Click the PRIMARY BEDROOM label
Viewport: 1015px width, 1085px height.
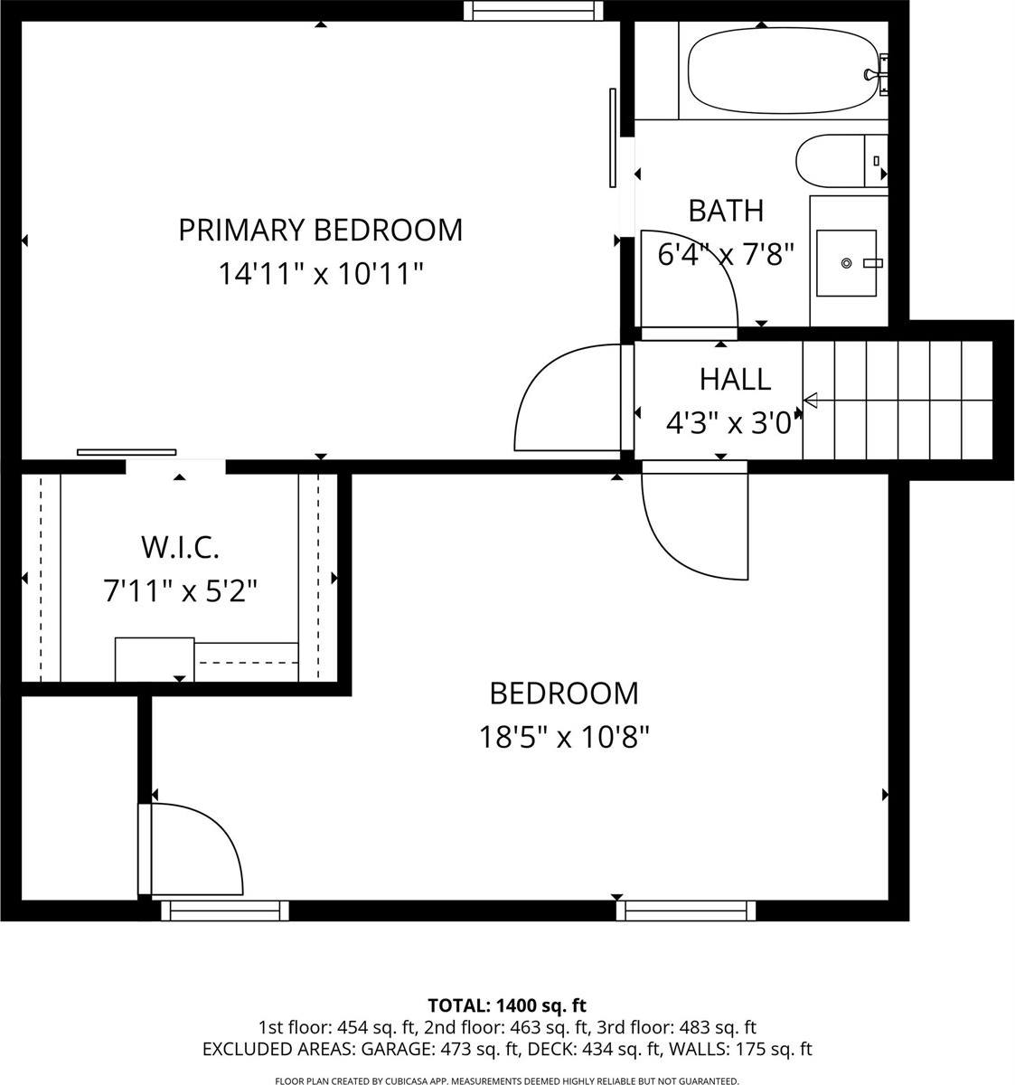pyautogui.click(x=320, y=230)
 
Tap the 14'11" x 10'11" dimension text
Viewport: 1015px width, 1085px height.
pyautogui.click(x=320, y=273)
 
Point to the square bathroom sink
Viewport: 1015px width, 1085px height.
pyautogui.click(x=846, y=263)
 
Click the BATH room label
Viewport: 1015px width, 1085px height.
pyautogui.click(x=726, y=211)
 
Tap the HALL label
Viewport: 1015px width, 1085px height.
pyautogui.click(x=735, y=379)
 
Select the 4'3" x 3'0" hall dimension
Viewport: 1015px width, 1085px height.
pyautogui.click(x=734, y=422)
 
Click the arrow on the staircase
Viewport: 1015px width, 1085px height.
pyautogui.click(x=811, y=400)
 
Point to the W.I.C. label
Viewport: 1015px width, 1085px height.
pyautogui.click(x=180, y=547)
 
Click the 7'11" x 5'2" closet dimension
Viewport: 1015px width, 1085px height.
pyautogui.click(x=180, y=591)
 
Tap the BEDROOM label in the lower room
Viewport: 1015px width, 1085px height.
pyautogui.click(x=563, y=693)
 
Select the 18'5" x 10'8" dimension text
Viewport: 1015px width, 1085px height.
pyautogui.click(x=563, y=738)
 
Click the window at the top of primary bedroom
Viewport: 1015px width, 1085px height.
pyautogui.click(x=533, y=10)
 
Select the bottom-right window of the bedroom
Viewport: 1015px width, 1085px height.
pyautogui.click(x=686, y=910)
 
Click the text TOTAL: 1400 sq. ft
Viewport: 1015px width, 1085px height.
pyautogui.click(x=507, y=1005)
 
